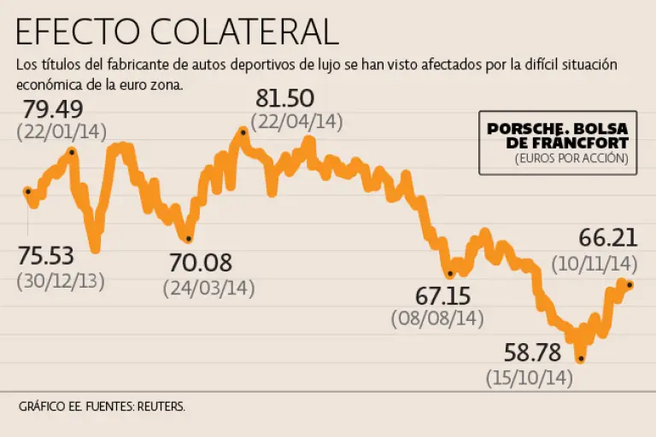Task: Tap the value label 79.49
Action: (54, 110)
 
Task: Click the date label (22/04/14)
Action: (296, 121)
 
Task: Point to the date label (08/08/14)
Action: (437, 318)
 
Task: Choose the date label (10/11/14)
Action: (595, 262)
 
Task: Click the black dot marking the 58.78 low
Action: (581, 358)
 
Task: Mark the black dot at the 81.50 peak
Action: (244, 132)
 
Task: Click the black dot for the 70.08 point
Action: (188, 238)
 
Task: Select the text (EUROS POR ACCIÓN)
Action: (571, 159)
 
